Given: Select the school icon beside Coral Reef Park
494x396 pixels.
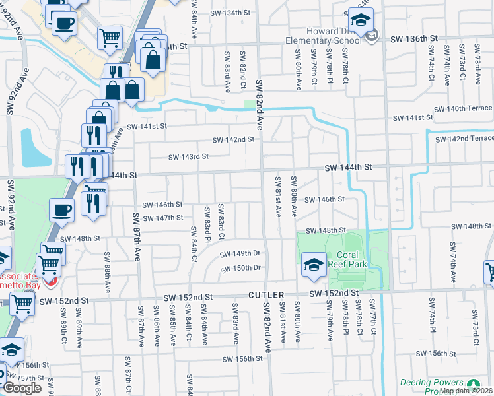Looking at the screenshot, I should tap(312, 265).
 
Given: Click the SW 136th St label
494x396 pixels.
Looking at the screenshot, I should tap(412, 40).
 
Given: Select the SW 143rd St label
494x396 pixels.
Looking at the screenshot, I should tap(188, 157).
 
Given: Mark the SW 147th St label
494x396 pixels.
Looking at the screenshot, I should tap(162, 218).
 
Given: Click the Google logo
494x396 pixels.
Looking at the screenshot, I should tap(22, 388).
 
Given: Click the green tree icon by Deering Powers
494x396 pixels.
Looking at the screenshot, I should tap(473, 383).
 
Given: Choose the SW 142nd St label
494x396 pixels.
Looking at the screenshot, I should tap(233, 140).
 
